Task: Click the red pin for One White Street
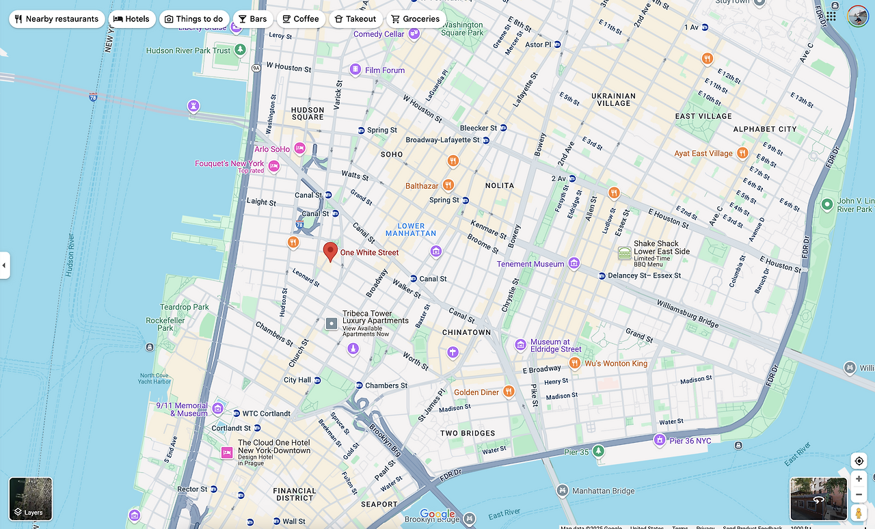(x=330, y=251)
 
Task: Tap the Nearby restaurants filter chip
(x=57, y=19)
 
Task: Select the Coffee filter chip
(x=300, y=19)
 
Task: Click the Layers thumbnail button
(x=31, y=499)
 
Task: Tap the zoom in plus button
(x=859, y=479)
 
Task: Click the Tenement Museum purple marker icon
(x=574, y=264)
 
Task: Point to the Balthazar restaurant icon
(x=448, y=185)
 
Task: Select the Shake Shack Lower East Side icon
(x=624, y=253)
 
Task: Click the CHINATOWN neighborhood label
(x=466, y=332)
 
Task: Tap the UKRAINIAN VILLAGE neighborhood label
(x=614, y=100)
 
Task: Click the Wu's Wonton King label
(x=615, y=364)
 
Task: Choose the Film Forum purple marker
(x=355, y=70)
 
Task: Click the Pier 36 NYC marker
(x=660, y=440)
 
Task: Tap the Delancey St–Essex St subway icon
(x=602, y=276)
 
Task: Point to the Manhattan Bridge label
(x=603, y=491)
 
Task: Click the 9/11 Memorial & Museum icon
(x=217, y=409)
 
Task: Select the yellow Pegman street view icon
(x=859, y=513)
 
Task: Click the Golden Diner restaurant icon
(x=508, y=392)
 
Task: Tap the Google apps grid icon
(x=831, y=16)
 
